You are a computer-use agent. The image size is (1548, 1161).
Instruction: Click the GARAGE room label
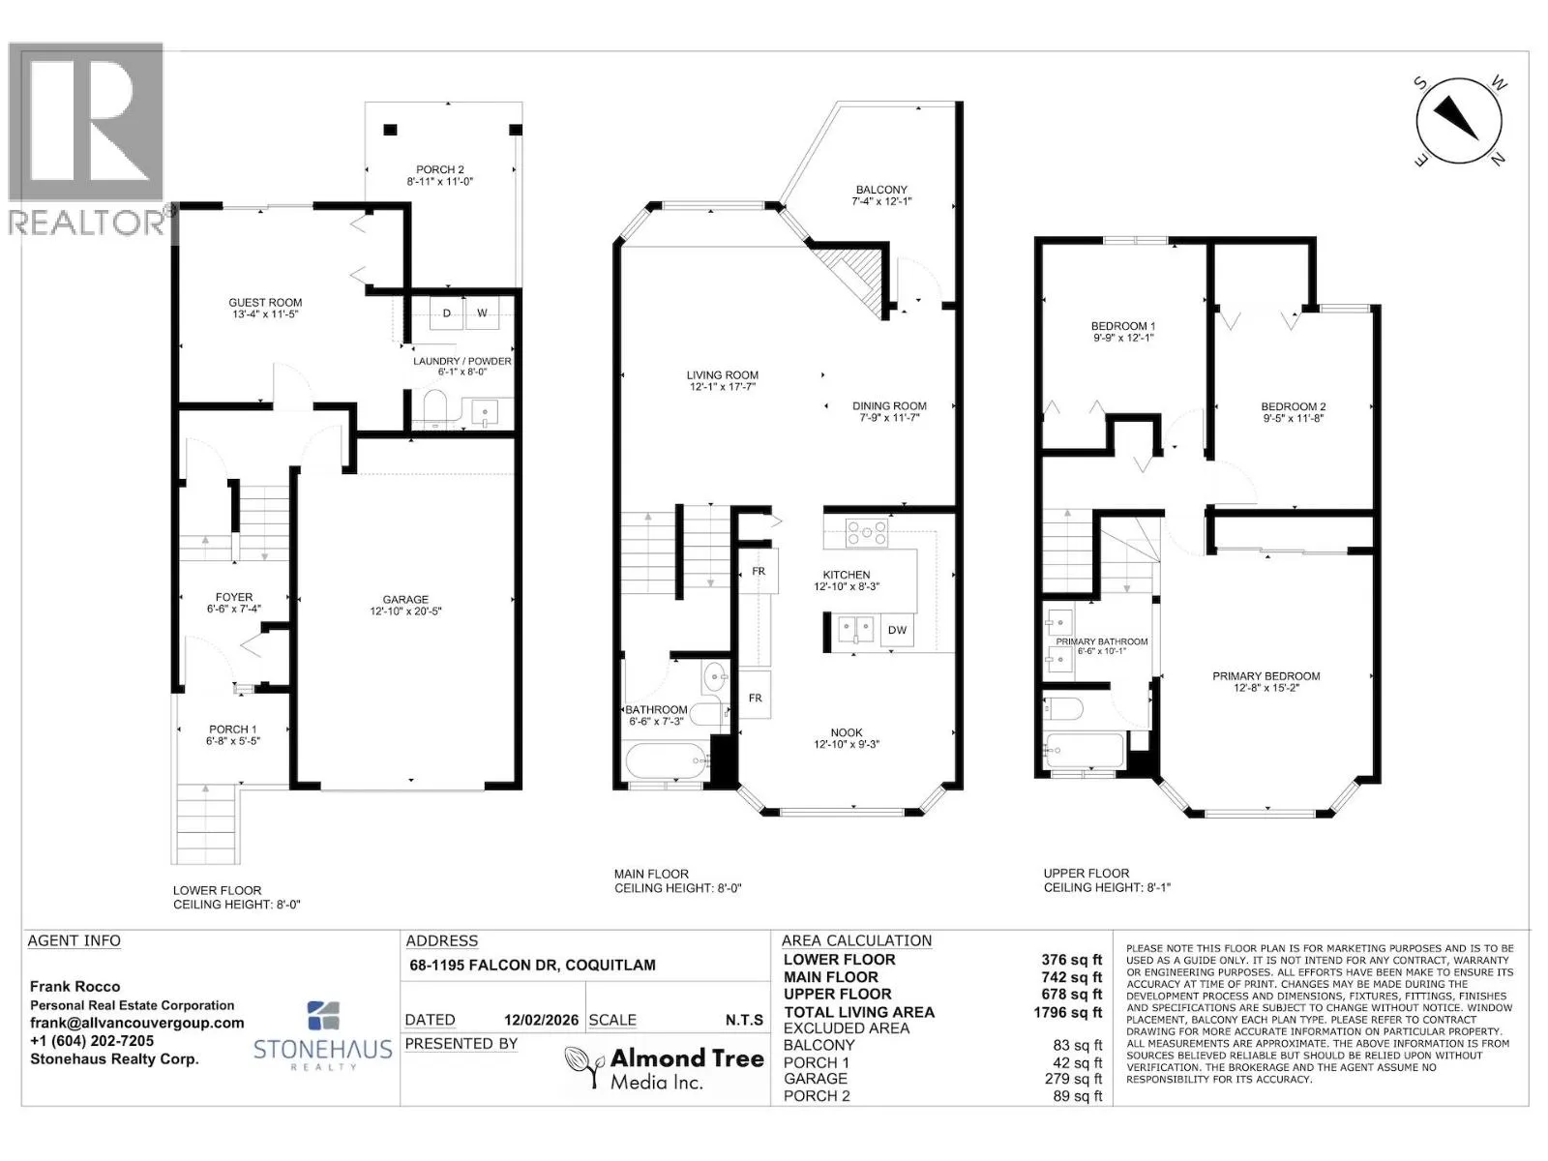click(405, 599)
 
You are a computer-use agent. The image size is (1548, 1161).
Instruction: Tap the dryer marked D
click(446, 313)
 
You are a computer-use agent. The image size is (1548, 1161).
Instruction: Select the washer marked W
click(483, 313)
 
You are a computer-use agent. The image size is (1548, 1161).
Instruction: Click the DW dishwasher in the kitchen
click(897, 630)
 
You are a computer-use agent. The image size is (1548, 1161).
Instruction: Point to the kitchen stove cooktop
click(866, 532)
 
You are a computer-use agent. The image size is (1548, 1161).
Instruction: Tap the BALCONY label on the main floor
click(880, 190)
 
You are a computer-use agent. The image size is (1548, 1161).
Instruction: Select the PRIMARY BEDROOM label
click(1265, 676)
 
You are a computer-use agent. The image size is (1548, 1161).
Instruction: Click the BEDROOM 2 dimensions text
click(1293, 418)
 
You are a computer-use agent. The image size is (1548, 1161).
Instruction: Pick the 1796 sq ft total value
click(1067, 1012)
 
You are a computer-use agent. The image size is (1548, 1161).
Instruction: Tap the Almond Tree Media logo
click(665, 1068)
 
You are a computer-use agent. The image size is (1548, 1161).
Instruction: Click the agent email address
click(136, 1023)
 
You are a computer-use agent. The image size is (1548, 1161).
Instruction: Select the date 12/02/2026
click(541, 1020)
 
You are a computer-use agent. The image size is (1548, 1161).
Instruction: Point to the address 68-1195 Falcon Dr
click(532, 965)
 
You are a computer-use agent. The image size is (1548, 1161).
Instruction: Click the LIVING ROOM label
click(723, 375)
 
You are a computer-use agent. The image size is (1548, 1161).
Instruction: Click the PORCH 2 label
click(440, 170)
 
